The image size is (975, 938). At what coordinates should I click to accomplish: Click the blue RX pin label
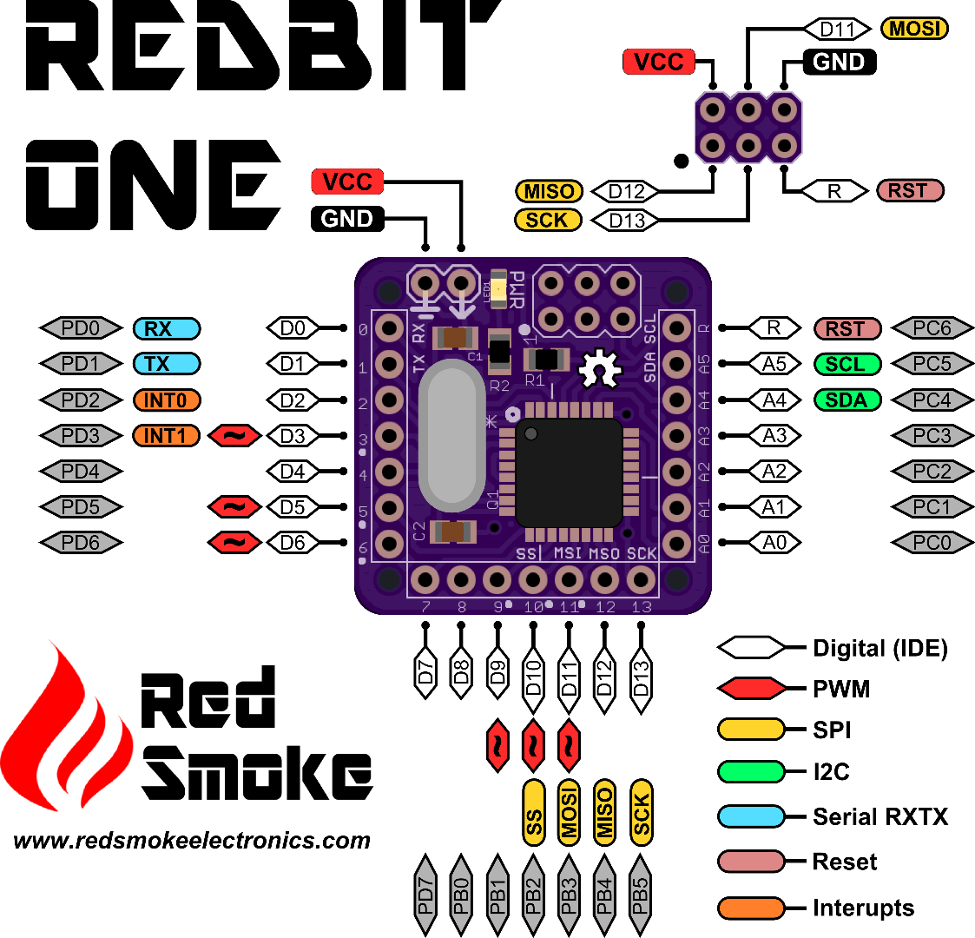(x=166, y=329)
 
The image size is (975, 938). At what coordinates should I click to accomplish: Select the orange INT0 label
(x=166, y=400)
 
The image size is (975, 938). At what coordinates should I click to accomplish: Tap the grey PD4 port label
(x=81, y=472)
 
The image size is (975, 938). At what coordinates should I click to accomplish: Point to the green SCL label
(x=847, y=364)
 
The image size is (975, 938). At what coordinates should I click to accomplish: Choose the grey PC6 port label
(x=932, y=329)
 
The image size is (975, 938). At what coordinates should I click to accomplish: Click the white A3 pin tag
(x=774, y=436)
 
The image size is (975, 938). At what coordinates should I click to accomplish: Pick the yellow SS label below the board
(x=534, y=813)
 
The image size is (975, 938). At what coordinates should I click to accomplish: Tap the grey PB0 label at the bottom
(x=461, y=895)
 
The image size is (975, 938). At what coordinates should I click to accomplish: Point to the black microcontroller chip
(x=569, y=473)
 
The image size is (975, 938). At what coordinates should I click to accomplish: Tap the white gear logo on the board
(x=598, y=368)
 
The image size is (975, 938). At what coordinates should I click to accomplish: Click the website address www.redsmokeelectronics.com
(x=192, y=841)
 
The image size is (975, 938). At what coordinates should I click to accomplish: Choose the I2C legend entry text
(x=831, y=771)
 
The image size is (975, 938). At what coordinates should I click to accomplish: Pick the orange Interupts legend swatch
(x=751, y=908)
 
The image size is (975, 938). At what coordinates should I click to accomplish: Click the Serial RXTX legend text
(x=879, y=816)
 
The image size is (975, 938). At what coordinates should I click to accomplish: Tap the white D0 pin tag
(x=293, y=328)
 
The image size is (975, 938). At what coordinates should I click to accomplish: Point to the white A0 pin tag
(x=774, y=543)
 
